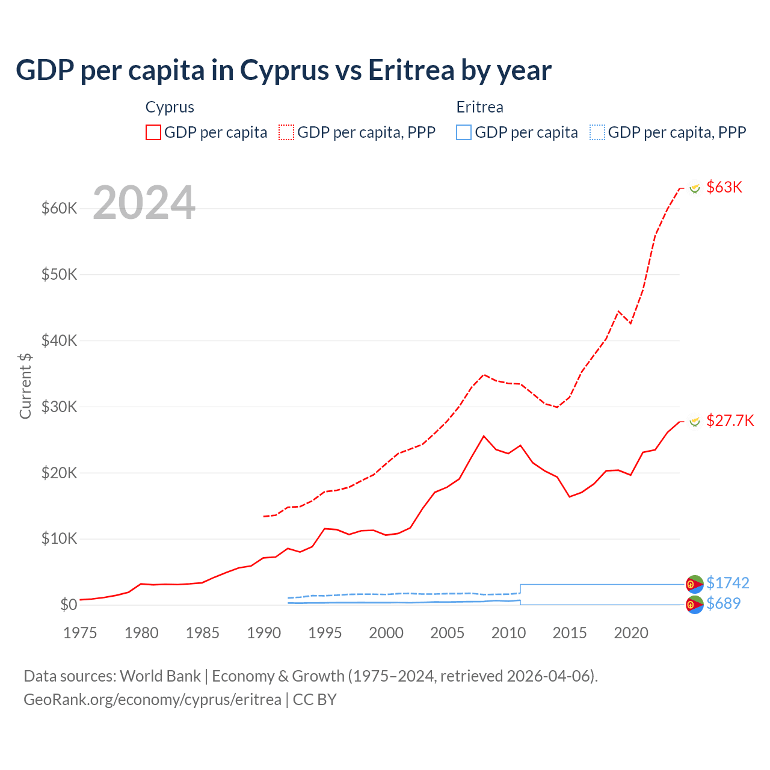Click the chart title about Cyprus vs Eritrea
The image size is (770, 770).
coord(283,70)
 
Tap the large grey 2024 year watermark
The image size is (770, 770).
coord(144,203)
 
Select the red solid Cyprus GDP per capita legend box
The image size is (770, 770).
coord(153,132)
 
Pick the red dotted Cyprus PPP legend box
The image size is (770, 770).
coord(286,132)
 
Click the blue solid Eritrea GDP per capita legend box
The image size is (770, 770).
coord(464,132)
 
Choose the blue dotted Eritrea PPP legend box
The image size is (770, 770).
coord(597,132)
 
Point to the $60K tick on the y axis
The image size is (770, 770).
coord(59,209)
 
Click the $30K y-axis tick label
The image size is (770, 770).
coord(59,407)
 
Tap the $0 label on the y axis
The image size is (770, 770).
coord(69,605)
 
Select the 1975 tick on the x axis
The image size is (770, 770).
coord(80,633)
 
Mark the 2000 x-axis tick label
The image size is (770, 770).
coord(386,633)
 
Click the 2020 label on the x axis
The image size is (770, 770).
coord(631,633)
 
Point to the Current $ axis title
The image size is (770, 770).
coord(25,386)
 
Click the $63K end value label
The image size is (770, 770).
coord(724,187)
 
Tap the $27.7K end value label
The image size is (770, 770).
coord(730,420)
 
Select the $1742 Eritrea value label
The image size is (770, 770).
coord(727,583)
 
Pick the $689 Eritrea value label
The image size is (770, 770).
coord(723,603)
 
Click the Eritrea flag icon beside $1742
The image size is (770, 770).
coord(695,584)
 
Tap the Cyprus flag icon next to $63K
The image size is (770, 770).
coord(695,188)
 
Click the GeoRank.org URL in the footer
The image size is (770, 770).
coord(152,700)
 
